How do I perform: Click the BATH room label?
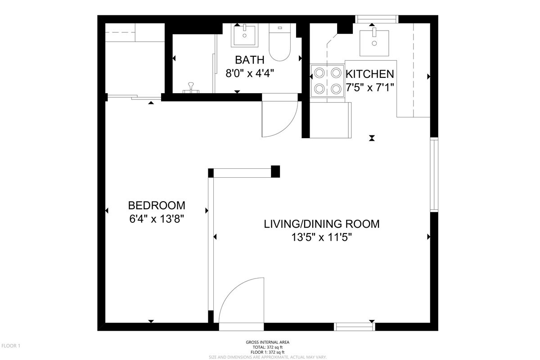click(249, 60)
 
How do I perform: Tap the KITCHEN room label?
click(370, 74)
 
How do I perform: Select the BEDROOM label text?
click(157, 206)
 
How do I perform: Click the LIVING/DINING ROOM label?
click(322, 224)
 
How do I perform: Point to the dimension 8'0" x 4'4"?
click(250, 73)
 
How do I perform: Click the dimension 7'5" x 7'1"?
click(370, 88)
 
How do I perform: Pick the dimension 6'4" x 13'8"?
click(157, 219)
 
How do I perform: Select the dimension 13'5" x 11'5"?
click(322, 238)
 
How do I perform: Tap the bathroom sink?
click(244, 35)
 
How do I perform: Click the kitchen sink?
click(374, 43)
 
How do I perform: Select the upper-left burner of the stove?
click(319, 73)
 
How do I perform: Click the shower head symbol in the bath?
click(191, 88)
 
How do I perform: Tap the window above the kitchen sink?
click(377, 19)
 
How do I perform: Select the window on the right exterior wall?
click(434, 175)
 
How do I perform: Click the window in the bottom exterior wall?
click(355, 327)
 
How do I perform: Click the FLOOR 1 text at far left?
click(11, 346)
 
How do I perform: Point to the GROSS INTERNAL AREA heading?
click(268, 342)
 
